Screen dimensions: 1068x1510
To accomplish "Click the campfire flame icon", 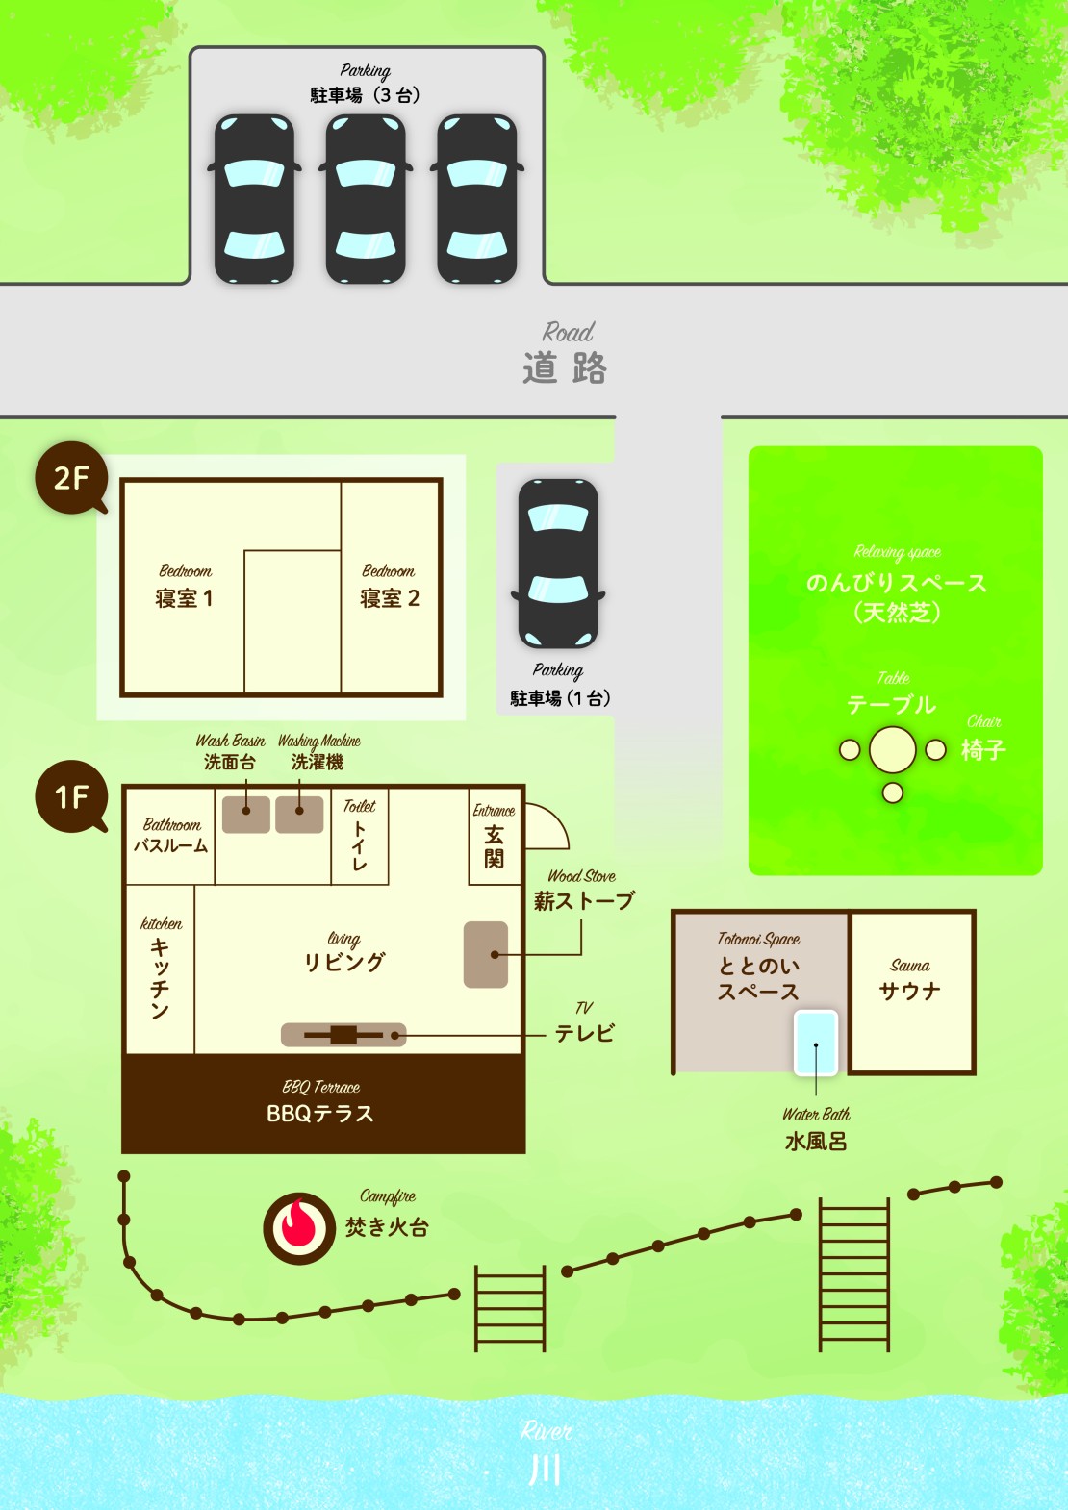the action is (x=298, y=1228).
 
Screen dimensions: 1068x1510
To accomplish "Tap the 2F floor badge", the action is (x=71, y=478).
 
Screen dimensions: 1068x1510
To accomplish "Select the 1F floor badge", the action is (x=71, y=796).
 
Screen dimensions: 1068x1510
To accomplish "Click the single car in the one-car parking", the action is (x=558, y=564).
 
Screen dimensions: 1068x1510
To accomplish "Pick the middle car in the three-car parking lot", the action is (x=366, y=199).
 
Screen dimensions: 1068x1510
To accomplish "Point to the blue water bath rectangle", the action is (x=816, y=1043).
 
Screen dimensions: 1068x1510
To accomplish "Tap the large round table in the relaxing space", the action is (x=893, y=749).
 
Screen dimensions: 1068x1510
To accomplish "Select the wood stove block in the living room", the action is (x=486, y=954).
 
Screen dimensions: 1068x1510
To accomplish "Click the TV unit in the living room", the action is (x=343, y=1035).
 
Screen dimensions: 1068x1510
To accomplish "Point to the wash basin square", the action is (x=246, y=815).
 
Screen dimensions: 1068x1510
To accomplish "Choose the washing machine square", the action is (x=299, y=815).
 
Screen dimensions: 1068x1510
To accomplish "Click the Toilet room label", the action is (x=360, y=835).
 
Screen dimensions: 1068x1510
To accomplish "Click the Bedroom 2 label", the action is (x=389, y=587).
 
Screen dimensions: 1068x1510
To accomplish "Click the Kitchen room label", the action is (x=161, y=968).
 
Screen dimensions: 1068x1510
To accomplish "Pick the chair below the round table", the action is (x=893, y=793).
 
